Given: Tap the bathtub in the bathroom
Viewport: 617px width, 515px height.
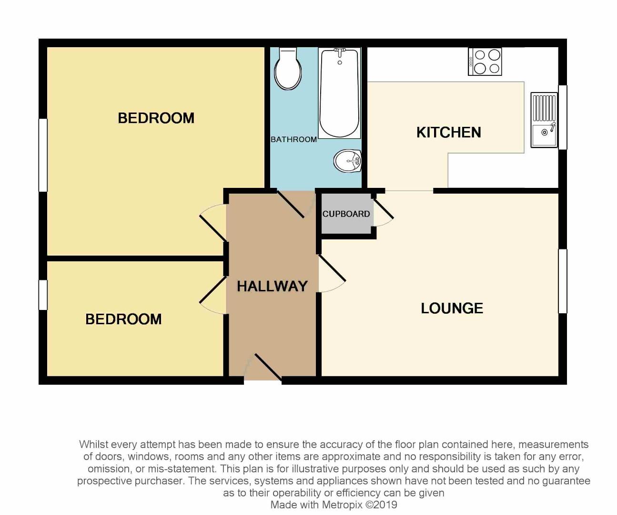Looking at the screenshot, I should pyautogui.click(x=339, y=93).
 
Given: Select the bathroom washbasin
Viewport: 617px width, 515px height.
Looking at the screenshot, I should pyautogui.click(x=348, y=161).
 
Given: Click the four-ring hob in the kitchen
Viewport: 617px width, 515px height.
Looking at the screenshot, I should pyautogui.click(x=485, y=62).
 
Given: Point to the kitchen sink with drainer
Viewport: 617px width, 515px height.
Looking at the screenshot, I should pyautogui.click(x=544, y=120).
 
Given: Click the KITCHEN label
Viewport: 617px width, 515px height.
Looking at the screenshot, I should pyautogui.click(x=448, y=132).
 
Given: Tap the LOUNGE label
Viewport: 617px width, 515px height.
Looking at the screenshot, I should pyautogui.click(x=452, y=308).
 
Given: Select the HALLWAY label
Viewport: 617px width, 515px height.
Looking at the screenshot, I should pyautogui.click(x=272, y=286).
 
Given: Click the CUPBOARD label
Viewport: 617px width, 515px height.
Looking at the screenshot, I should pyautogui.click(x=346, y=214).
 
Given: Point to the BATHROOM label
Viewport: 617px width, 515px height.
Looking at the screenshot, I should pyautogui.click(x=293, y=139).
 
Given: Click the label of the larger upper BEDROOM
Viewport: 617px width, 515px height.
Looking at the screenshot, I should pyautogui.click(x=156, y=118).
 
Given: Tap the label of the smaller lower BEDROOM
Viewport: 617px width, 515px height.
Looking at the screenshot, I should pyautogui.click(x=123, y=319).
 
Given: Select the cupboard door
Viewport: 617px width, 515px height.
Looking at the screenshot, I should pyautogui.click(x=383, y=212).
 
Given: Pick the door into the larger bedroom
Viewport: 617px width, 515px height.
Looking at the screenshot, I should pyautogui.click(x=213, y=223).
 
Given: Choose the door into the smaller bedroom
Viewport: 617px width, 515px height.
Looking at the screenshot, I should pyautogui.click(x=212, y=296).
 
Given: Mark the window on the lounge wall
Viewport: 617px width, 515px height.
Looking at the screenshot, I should pyautogui.click(x=563, y=281).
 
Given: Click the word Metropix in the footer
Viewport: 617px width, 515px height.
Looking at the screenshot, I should pyautogui.click(x=343, y=505).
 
